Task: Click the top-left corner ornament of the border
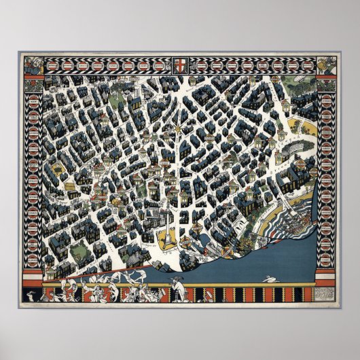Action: pyautogui.click(x=33, y=65)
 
